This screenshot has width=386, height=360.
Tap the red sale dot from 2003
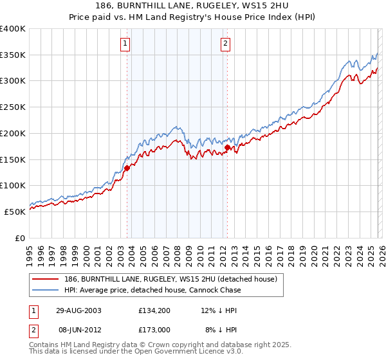coord(127,168)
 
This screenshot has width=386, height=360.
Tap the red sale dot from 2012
coord(227,147)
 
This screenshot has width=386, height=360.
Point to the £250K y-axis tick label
coord(13,107)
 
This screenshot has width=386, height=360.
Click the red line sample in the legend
coord(46,279)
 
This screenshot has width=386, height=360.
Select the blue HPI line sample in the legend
coord(46,290)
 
